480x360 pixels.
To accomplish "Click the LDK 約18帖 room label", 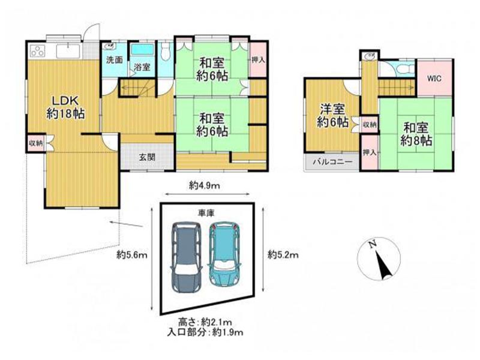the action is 66,107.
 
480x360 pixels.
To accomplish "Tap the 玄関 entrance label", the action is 147,157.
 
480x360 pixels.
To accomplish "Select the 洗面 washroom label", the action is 115,60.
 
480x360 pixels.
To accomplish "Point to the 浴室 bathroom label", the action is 142,67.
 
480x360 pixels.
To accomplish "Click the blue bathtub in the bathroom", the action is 142,50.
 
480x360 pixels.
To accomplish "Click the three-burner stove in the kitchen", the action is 38,51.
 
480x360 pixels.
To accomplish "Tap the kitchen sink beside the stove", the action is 68,51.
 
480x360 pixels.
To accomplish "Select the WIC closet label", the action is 434,79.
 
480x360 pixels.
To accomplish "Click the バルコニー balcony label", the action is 332,162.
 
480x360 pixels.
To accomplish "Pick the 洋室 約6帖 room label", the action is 332,116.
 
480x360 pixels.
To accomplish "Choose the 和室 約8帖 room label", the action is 416,134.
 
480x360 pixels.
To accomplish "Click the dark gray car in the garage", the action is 187,257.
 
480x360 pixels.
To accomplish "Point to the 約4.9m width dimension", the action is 204,185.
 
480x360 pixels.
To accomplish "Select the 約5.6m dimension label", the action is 132,254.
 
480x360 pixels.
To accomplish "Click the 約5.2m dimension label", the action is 283,254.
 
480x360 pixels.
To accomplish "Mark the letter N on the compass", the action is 373,244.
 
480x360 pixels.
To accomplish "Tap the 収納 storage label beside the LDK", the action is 35,143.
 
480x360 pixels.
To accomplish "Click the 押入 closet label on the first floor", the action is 258,59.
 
